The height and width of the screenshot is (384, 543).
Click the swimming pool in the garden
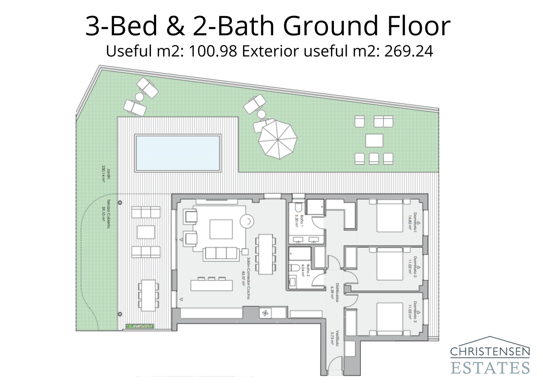pyautogui.click(x=177, y=153)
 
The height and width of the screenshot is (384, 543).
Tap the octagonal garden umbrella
pyautogui.click(x=278, y=139)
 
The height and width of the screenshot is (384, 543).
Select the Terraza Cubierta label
pyautogui.click(x=107, y=214)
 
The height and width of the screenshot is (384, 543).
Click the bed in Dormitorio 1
pyautogui.click(x=389, y=216)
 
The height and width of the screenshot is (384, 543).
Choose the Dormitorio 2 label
pyautogui.click(x=413, y=267)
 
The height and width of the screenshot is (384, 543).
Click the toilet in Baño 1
pyautogui.click(x=298, y=207)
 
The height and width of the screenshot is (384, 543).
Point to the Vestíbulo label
pyautogui.click(x=335, y=338)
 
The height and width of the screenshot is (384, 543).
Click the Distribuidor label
pyautogui.click(x=335, y=291)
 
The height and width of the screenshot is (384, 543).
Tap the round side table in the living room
pyautogui.click(x=246, y=221)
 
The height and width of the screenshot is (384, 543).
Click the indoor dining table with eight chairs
pyautogui.click(x=266, y=254)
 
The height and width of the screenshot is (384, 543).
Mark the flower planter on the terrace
pyautogui.click(x=140, y=326)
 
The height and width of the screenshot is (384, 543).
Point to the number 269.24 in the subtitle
pyautogui.click(x=409, y=51)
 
